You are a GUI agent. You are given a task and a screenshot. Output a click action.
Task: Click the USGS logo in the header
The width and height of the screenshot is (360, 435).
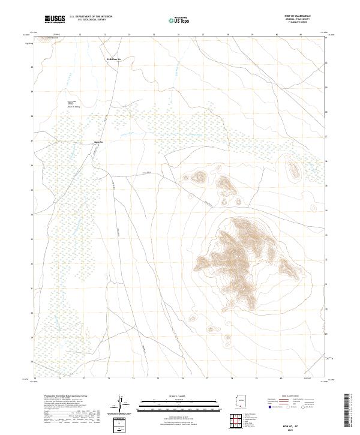click(55, 19)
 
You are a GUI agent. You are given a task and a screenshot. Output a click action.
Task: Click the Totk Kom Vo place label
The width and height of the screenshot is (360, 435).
click(114, 59)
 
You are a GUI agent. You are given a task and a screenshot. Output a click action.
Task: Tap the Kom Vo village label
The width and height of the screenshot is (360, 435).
click(100, 142)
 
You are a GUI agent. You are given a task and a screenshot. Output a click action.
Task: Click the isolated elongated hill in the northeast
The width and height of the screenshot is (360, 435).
click(294, 171)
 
